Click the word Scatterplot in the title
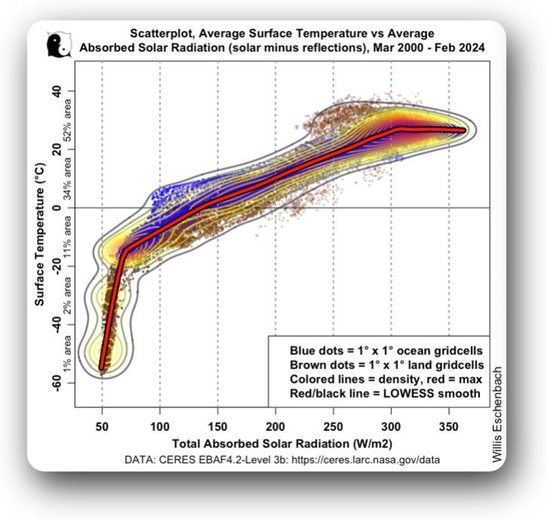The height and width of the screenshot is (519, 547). click(x=166, y=34)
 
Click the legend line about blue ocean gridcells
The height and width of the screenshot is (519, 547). click(x=386, y=352)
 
